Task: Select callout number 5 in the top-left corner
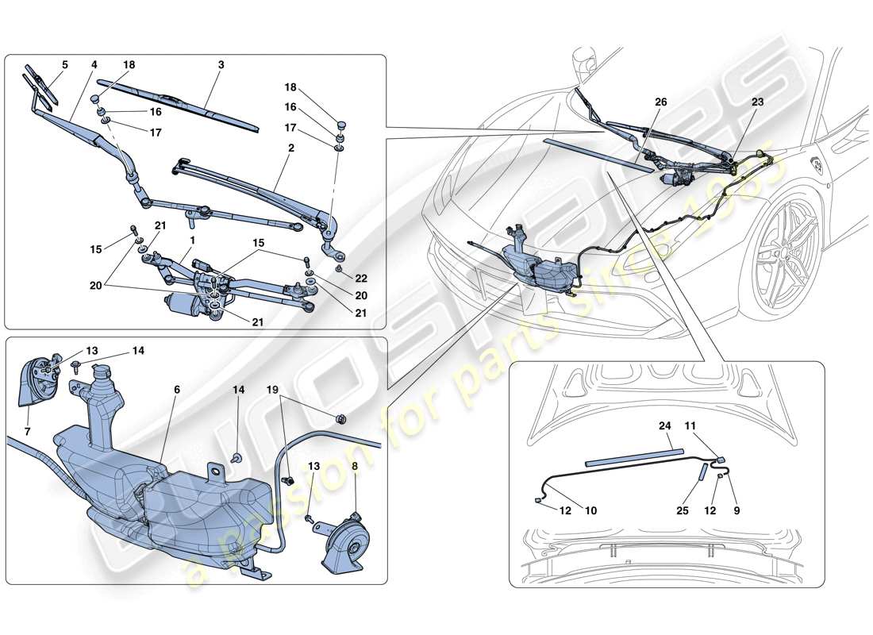pos(64,65)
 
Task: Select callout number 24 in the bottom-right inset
pos(664,425)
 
